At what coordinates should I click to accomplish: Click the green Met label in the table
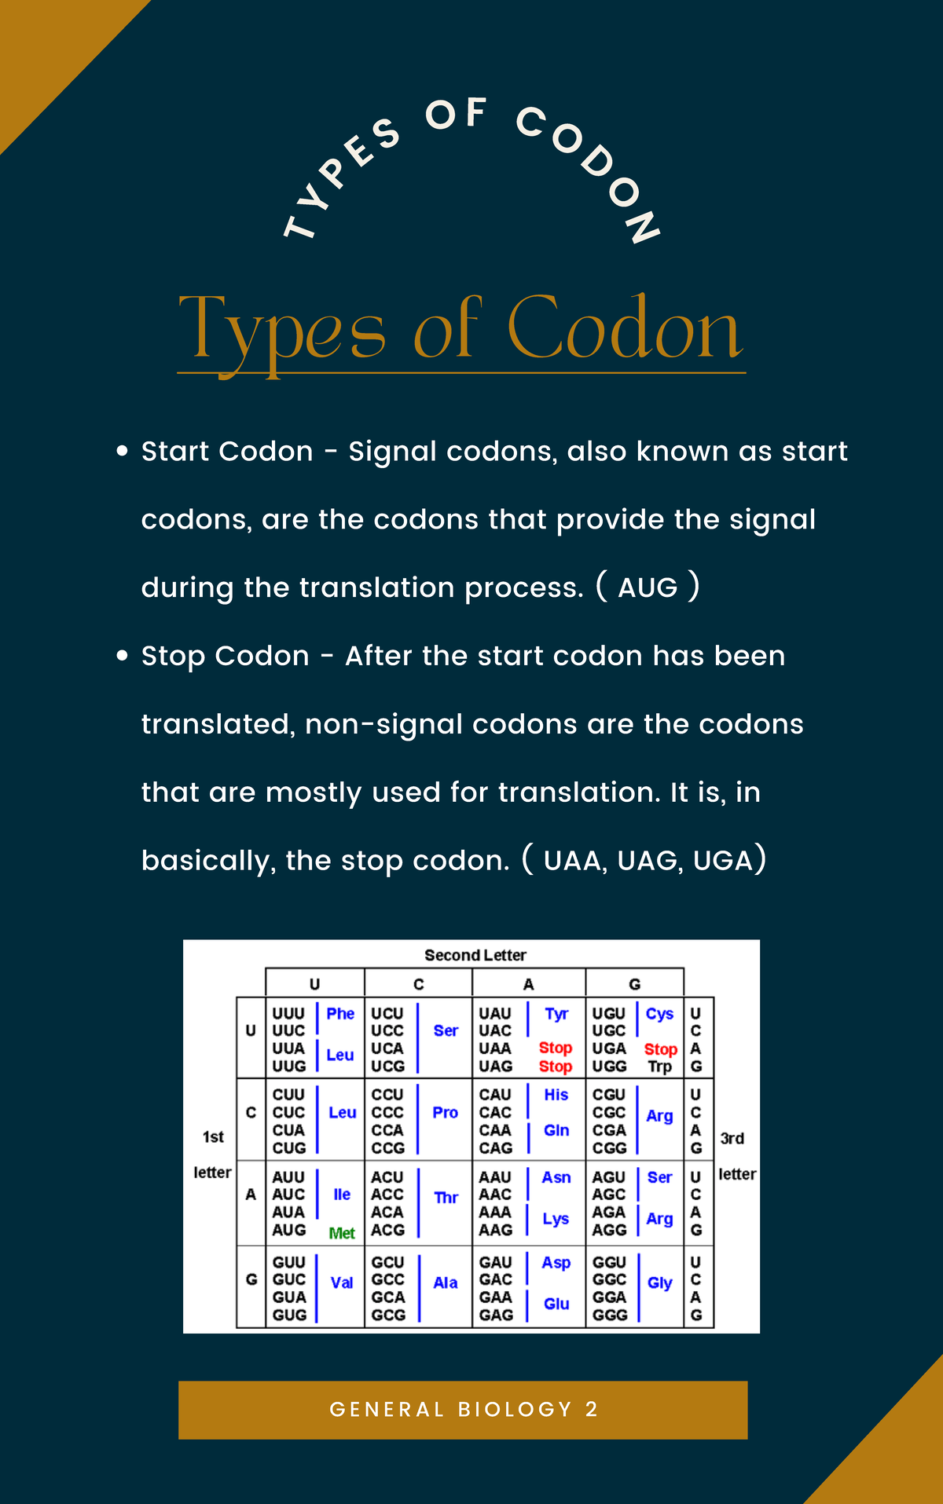click(342, 1233)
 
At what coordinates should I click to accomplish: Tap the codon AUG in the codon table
click(288, 1230)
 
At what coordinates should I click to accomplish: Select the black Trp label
click(659, 1067)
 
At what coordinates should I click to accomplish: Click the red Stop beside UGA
click(660, 1049)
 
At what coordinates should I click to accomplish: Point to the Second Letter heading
click(475, 955)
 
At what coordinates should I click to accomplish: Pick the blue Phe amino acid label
click(340, 1014)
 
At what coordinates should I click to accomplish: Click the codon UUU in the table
click(288, 1014)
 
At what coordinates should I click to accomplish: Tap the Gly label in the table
click(659, 1283)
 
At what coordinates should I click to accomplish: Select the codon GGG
click(610, 1315)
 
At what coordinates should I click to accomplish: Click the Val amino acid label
click(342, 1283)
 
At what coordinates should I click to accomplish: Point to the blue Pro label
click(445, 1112)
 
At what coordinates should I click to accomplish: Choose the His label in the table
click(556, 1095)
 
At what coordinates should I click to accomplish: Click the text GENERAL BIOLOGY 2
click(464, 1409)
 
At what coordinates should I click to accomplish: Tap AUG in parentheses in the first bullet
click(648, 587)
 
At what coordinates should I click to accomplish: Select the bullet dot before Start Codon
click(122, 452)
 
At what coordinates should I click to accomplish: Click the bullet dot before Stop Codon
click(122, 656)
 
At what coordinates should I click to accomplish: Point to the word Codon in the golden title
click(625, 330)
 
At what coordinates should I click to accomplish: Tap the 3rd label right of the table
click(732, 1138)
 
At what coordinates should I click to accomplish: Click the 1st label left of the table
click(213, 1136)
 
